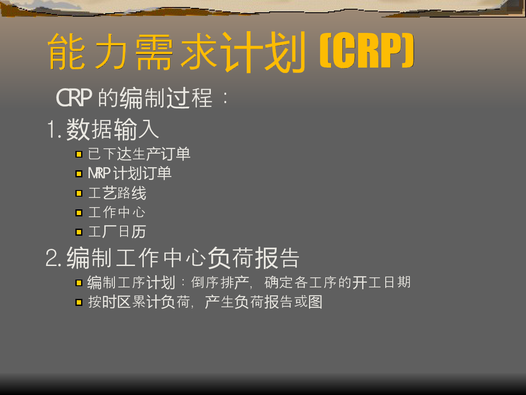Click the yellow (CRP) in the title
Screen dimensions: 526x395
[367, 50]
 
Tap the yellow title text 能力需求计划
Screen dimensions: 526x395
[177, 52]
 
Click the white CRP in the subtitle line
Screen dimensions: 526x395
[74, 97]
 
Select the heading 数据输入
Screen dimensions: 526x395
[112, 129]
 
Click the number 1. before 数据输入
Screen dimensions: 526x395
[55, 130]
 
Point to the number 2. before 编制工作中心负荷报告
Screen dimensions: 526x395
[53, 258]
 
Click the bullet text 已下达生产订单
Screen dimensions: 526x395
[139, 154]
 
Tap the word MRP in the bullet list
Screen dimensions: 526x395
[99, 173]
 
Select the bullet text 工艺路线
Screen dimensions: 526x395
[117, 193]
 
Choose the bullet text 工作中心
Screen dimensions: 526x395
[117, 212]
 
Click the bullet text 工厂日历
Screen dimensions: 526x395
[117, 232]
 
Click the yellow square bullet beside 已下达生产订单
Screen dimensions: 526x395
[79, 154]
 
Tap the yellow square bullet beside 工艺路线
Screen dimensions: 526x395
[79, 193]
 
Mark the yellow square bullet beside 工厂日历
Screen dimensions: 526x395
[79, 232]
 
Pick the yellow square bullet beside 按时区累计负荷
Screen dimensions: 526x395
[79, 302]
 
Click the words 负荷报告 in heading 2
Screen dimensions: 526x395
[253, 258]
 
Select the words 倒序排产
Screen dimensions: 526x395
[220, 282]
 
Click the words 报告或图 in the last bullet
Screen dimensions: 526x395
[293, 302]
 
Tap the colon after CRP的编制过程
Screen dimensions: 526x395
[225, 98]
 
